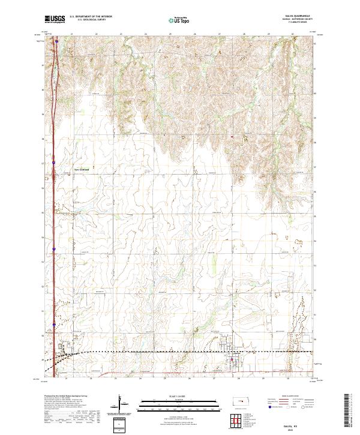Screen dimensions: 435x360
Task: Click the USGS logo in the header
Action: pyautogui.click(x=55, y=20)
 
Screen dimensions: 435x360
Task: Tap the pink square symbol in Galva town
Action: pyautogui.click(x=233, y=360)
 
